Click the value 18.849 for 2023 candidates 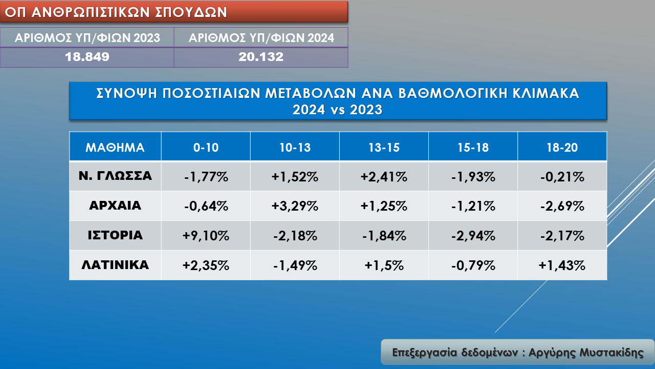(x=87, y=57)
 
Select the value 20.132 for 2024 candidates (x=261, y=57)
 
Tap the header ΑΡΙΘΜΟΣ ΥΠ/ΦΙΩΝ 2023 (x=87, y=38)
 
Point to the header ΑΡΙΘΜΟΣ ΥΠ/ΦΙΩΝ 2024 (x=261, y=38)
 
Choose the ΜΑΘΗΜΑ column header (x=115, y=148)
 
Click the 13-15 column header (x=384, y=148)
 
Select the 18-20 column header (x=562, y=148)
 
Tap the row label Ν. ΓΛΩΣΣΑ (x=115, y=176)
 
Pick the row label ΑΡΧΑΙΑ (x=115, y=206)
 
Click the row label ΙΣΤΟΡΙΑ (x=115, y=236)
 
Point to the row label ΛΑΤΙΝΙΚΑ (x=115, y=265)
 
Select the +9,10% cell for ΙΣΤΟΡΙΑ (x=206, y=236)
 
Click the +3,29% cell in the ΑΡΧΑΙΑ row (x=295, y=206)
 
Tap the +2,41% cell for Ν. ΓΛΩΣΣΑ (x=384, y=177)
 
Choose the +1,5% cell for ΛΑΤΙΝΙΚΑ (x=384, y=265)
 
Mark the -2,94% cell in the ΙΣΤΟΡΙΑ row (x=473, y=236)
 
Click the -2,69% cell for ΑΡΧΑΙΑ (x=562, y=206)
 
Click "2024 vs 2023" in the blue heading (x=337, y=110)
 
